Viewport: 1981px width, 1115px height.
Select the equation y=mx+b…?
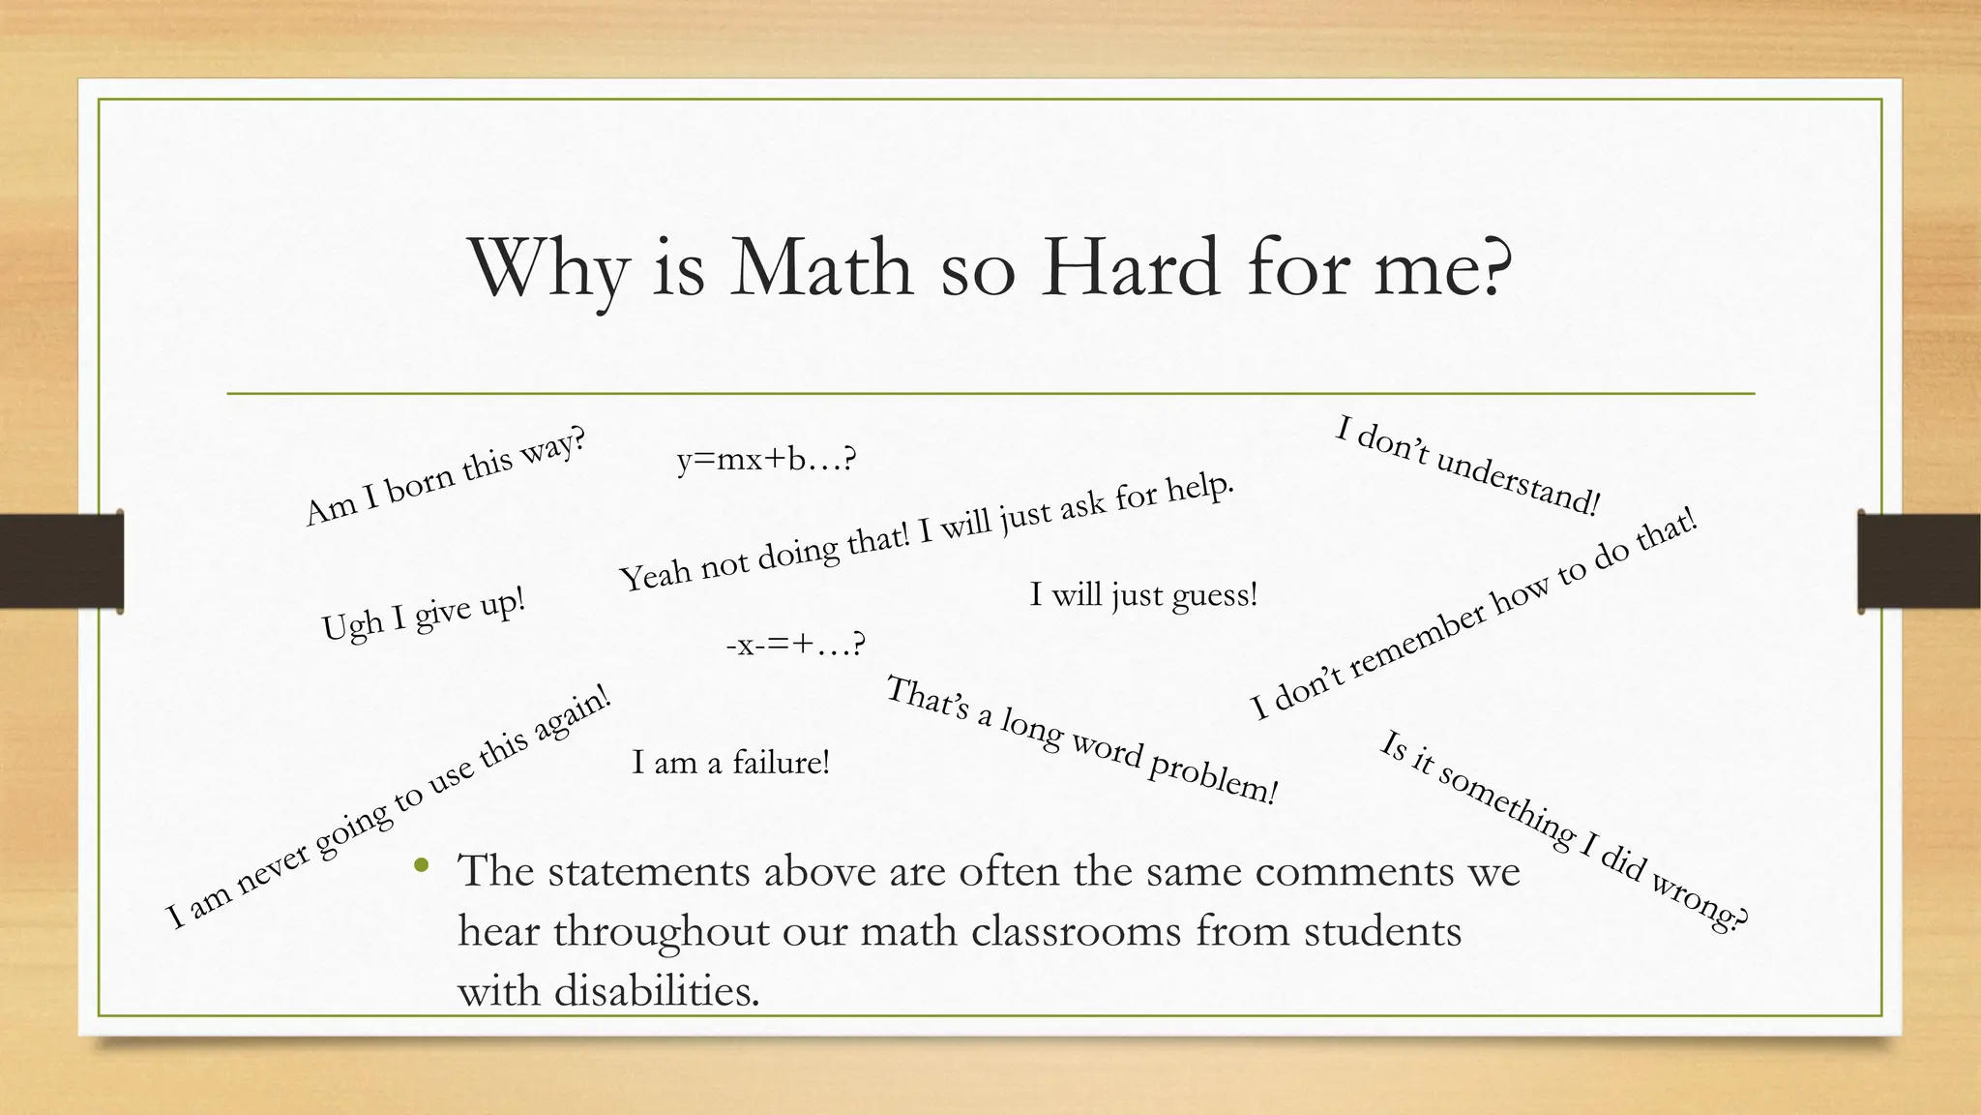pyautogui.click(x=766, y=459)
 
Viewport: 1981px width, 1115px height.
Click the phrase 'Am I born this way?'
pyautogui.click(x=445, y=477)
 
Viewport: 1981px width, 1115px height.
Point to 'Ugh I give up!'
pyautogui.click(x=424, y=614)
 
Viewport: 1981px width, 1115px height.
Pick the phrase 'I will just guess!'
pyautogui.click(x=1143, y=593)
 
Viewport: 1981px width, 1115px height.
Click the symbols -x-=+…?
pyautogui.click(x=795, y=643)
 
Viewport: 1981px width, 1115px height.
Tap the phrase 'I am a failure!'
pyautogui.click(x=730, y=762)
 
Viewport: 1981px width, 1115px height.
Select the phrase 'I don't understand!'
pyautogui.click(x=1467, y=466)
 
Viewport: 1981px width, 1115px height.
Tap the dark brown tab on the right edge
pyautogui.click(x=1919, y=561)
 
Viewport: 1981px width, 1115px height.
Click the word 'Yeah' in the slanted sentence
pyautogui.click(x=654, y=576)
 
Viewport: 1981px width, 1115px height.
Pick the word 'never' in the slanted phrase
pyautogui.click(x=273, y=866)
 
